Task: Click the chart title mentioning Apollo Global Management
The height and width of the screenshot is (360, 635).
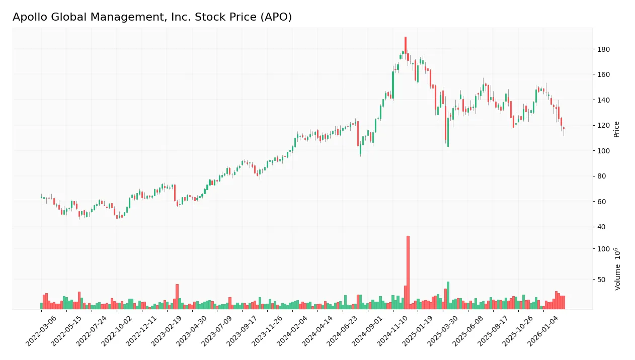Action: [x=152, y=17]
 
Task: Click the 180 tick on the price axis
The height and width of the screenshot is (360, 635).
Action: [x=604, y=49]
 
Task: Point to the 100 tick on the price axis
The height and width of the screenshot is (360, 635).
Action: [x=604, y=151]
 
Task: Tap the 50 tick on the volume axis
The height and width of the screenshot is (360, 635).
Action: [x=602, y=279]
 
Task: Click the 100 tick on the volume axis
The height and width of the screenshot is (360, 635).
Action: [x=604, y=249]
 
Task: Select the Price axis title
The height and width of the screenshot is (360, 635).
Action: [x=616, y=129]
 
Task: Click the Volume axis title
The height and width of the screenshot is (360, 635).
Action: [x=617, y=269]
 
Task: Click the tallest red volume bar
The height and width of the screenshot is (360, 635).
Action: [x=408, y=272]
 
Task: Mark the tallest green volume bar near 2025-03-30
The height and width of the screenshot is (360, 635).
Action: [x=448, y=296]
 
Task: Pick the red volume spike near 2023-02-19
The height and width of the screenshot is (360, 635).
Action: [x=177, y=297]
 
